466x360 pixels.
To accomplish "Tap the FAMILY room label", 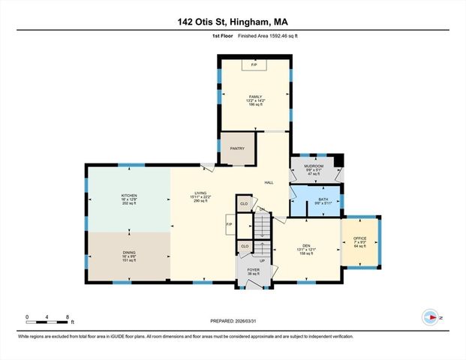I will point(256,97).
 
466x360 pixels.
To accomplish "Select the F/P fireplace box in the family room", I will point(254,66).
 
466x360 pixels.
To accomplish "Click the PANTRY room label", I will point(237,148).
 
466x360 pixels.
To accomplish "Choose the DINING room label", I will point(130,253).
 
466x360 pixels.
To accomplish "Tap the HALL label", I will point(269,182).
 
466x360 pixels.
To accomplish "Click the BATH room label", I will point(323,199).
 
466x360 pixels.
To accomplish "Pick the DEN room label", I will point(306,245).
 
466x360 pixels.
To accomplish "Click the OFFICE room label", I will point(360,238).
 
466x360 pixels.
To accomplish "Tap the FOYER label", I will point(253,269).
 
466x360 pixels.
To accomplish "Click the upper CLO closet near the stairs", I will point(244,203).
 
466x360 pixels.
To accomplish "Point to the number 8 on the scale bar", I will point(68,317).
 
